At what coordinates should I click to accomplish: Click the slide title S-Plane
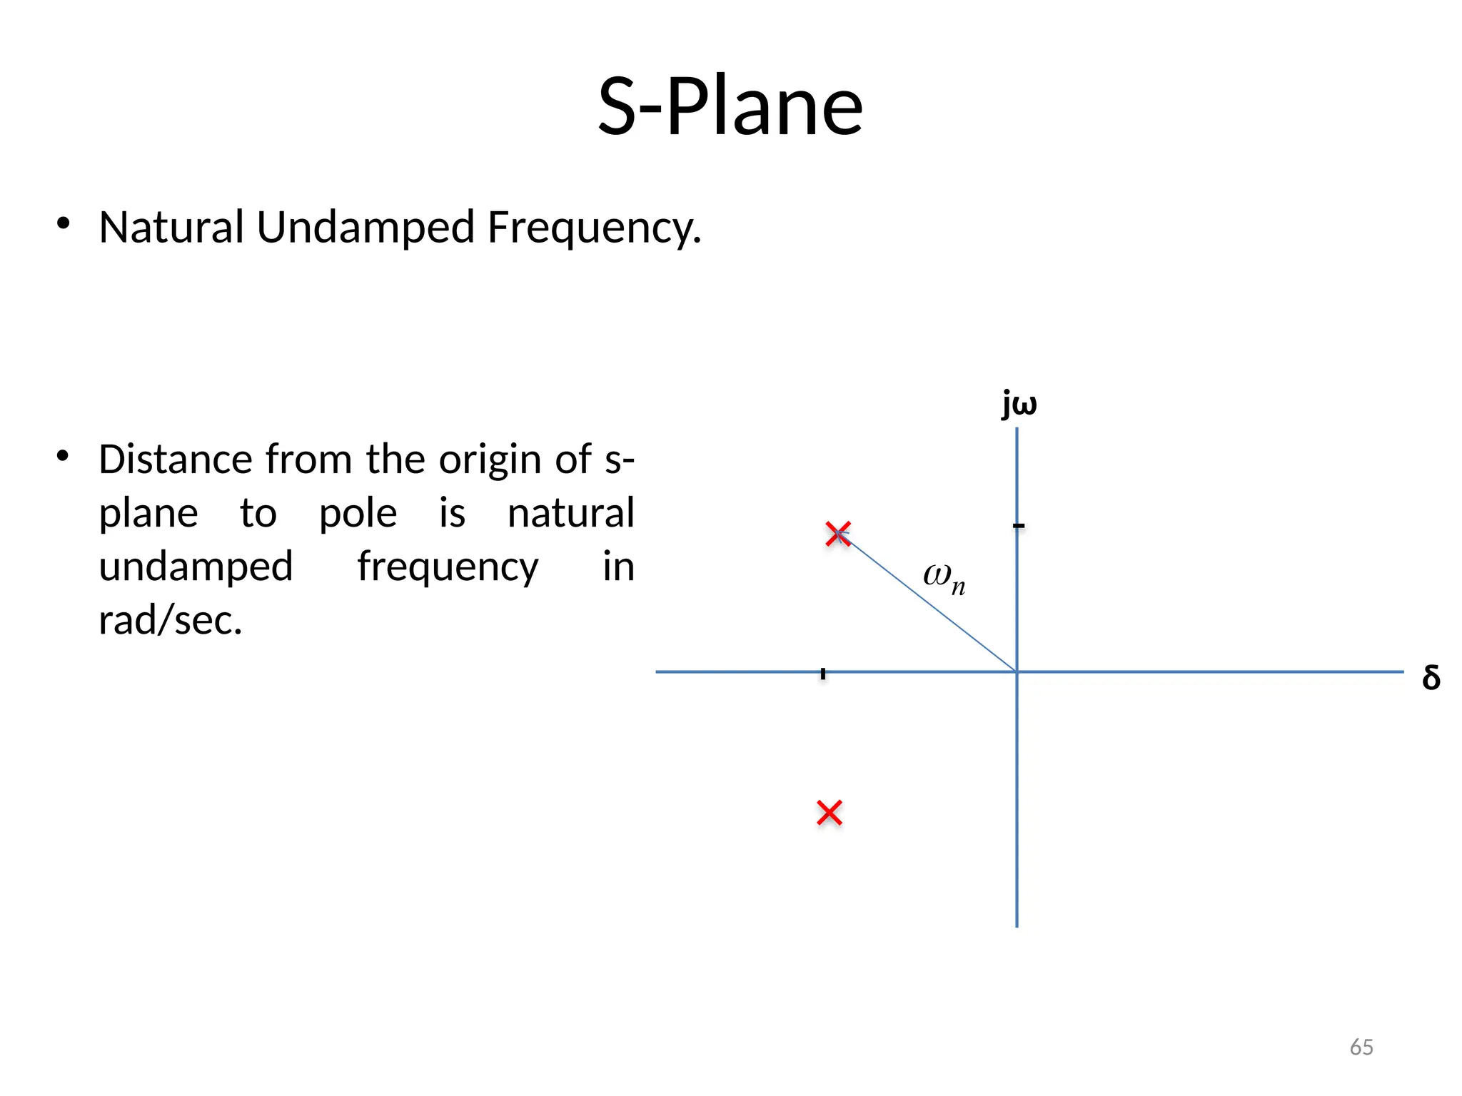(730, 107)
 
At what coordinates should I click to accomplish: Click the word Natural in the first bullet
(171, 228)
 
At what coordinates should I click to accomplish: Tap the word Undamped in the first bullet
(365, 228)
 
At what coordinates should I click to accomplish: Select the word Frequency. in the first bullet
(594, 229)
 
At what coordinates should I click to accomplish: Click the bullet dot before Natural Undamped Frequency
(64, 223)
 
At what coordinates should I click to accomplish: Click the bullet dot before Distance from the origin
(64, 455)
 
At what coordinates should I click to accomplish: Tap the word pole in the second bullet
(358, 514)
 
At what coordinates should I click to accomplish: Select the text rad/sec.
(171, 620)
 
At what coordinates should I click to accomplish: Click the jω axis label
(1019, 404)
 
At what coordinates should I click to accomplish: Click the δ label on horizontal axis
(1431, 677)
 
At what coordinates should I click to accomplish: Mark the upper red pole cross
(837, 534)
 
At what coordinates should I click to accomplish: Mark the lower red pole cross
(830, 813)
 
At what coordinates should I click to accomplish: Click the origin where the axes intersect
(1017, 671)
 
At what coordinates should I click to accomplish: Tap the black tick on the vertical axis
(1019, 526)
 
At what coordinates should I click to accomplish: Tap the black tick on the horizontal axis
(823, 673)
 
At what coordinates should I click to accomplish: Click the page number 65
(1361, 1047)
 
